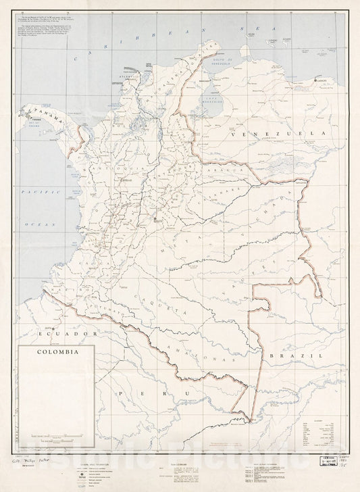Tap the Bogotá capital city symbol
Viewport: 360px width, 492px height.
pos(157,219)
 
